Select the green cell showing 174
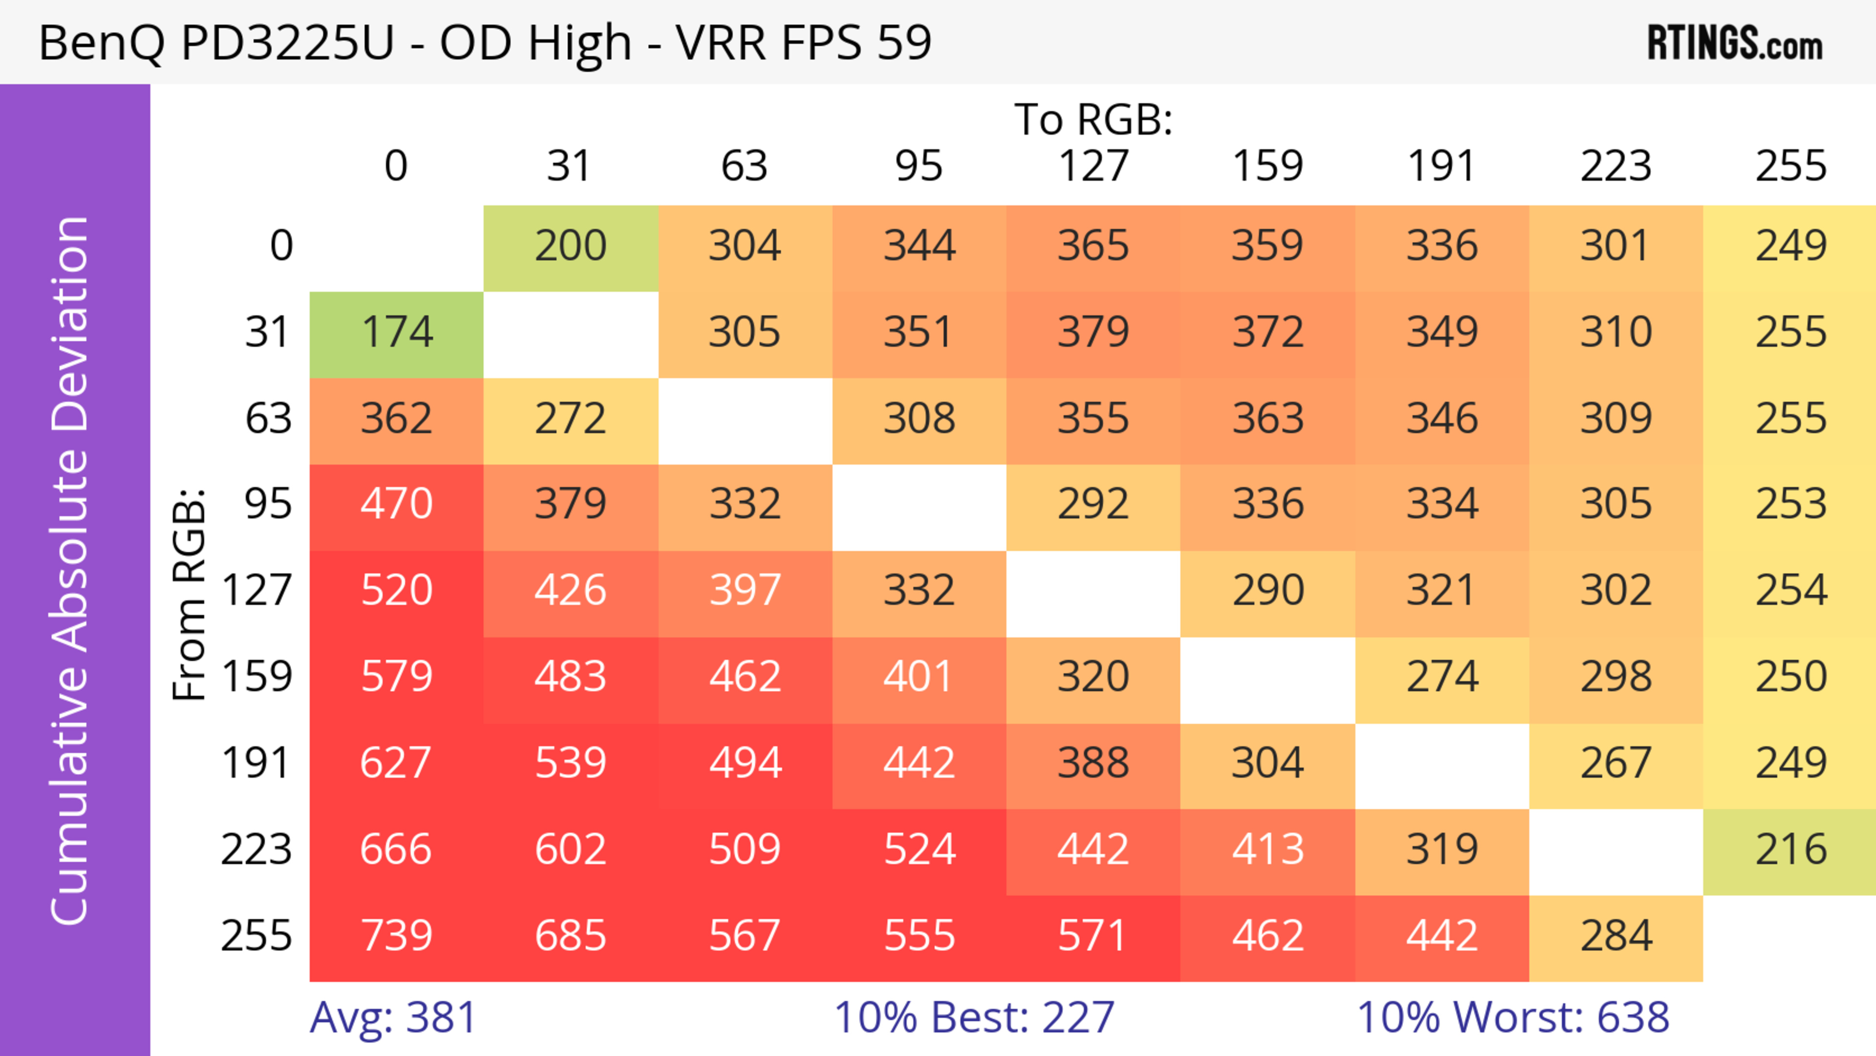(397, 333)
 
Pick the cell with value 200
(570, 246)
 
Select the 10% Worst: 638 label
(1513, 1017)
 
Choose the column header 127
(1093, 166)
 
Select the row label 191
(256, 763)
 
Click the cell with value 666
(397, 850)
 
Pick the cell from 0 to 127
(1093, 246)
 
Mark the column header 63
(744, 166)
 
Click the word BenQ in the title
(102, 43)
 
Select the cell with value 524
(919, 850)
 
